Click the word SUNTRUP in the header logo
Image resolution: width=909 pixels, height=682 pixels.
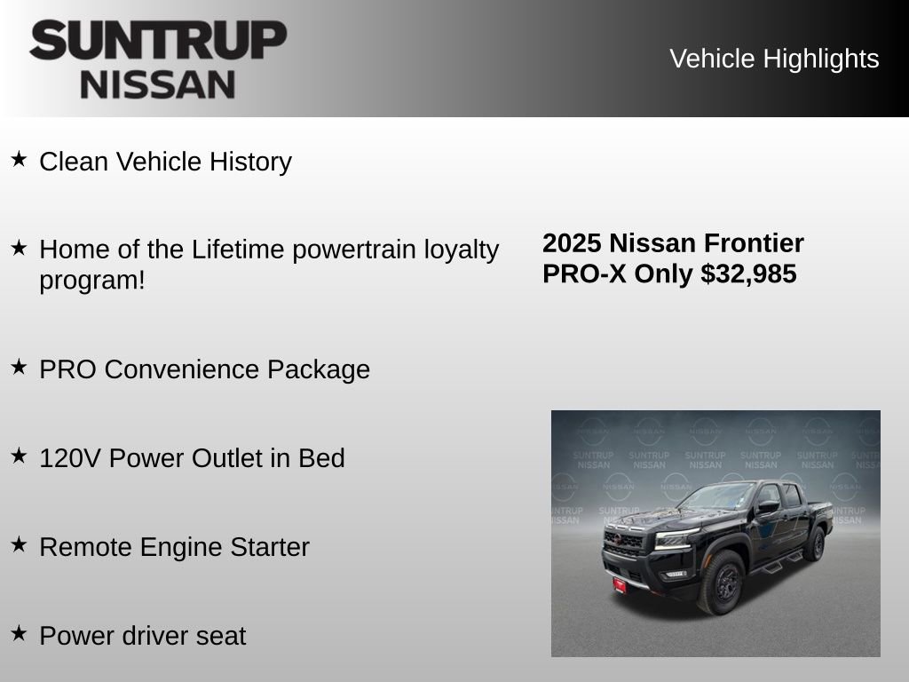158,41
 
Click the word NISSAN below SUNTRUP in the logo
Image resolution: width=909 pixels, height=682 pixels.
158,83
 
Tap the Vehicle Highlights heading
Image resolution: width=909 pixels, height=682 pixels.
774,59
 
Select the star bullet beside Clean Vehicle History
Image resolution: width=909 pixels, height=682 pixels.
19,160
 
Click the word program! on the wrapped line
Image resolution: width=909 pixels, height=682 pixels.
91,280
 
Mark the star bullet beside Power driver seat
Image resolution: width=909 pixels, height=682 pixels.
19,633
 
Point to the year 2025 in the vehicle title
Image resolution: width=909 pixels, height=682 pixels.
573,243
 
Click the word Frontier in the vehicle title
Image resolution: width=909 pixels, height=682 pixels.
754,243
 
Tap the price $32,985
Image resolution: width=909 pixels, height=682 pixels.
748,274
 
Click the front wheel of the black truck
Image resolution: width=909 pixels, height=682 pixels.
720,581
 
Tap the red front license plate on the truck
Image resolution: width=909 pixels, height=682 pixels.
619,584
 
